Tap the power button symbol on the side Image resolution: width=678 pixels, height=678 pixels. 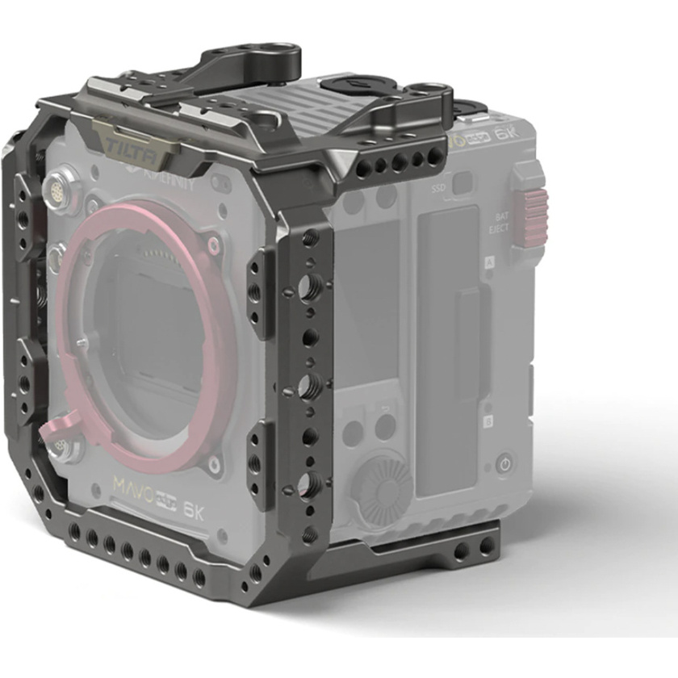coord(505,464)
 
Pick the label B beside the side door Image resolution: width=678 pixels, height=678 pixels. coord(488,421)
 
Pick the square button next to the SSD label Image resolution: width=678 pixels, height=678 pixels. coord(462,183)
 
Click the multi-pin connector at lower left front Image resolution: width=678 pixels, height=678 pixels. coord(57,446)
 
